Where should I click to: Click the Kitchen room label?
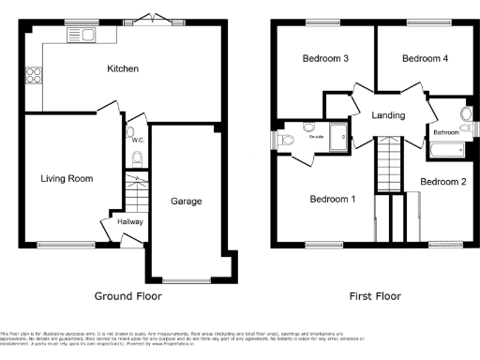tap(123, 68)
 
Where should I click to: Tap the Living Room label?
tap(67, 177)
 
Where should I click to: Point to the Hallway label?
tap(130, 221)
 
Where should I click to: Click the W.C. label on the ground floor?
tap(137, 140)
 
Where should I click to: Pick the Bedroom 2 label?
tap(442, 181)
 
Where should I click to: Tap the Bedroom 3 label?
tap(325, 59)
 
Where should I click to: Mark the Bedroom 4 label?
tap(425, 59)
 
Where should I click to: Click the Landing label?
tap(388, 115)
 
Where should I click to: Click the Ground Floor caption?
tap(128, 295)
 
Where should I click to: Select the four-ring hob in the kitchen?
tap(36, 74)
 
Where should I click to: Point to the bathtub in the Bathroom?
tap(448, 148)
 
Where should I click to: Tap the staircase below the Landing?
tap(390, 164)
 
